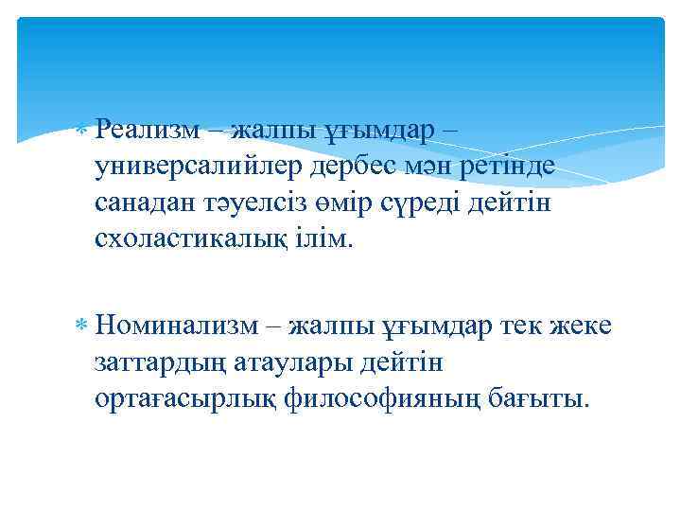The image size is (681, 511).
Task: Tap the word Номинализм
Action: click(x=175, y=326)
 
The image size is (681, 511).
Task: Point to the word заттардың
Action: click(x=157, y=362)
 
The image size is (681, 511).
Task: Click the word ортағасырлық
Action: click(x=185, y=399)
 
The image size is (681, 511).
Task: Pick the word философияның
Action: click(x=383, y=399)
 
